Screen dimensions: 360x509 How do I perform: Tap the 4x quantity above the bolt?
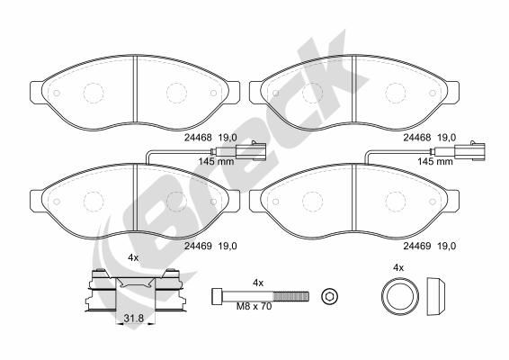point(258,283)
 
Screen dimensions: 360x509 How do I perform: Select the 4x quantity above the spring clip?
point(133,257)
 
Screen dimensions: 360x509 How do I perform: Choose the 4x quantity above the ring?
point(398,267)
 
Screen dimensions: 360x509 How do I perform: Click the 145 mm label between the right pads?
point(433,162)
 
